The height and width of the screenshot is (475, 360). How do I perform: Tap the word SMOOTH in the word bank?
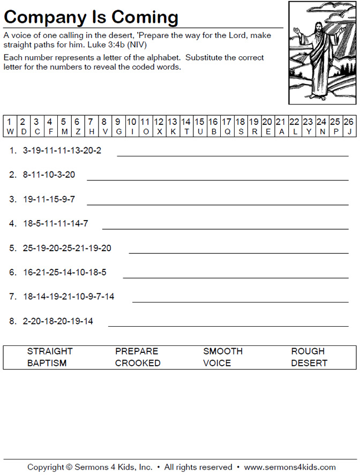(223, 351)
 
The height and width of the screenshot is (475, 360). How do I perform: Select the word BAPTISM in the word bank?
(47, 363)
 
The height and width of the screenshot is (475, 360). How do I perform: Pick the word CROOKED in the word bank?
(138, 363)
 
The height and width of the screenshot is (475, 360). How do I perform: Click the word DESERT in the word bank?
(309, 363)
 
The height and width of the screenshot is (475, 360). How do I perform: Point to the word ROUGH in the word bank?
(308, 351)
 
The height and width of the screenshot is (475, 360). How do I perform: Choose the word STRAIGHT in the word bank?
(50, 351)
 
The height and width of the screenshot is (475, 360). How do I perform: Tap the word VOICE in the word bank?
(217, 363)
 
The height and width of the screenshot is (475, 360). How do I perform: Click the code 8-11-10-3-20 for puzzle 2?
(49, 175)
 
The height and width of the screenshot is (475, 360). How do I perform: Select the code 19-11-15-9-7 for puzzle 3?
(49, 199)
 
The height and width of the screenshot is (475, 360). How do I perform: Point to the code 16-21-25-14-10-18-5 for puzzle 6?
(65, 272)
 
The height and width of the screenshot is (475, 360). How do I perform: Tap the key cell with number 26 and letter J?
(348, 126)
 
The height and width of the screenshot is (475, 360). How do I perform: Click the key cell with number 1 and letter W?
(10, 126)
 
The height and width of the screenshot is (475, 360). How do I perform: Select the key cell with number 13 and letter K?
(172, 126)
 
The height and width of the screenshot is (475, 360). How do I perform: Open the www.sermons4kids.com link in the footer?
(290, 467)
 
